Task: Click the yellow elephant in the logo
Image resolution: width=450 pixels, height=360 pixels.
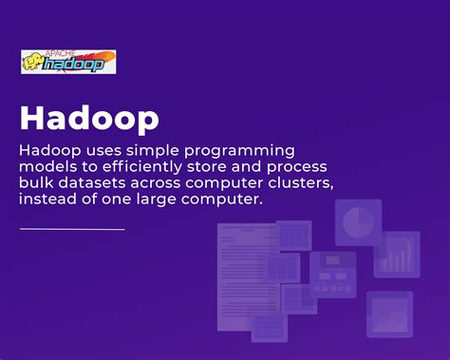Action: click(33, 64)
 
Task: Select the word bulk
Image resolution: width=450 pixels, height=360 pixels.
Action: click(36, 182)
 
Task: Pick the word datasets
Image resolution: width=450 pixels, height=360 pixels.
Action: click(93, 182)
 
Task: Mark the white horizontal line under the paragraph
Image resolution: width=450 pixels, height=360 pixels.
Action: click(72, 229)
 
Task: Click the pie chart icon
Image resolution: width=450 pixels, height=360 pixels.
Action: click(358, 222)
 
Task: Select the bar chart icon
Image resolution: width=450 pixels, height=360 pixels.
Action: click(397, 254)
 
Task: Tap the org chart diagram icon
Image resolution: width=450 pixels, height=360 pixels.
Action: click(332, 275)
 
